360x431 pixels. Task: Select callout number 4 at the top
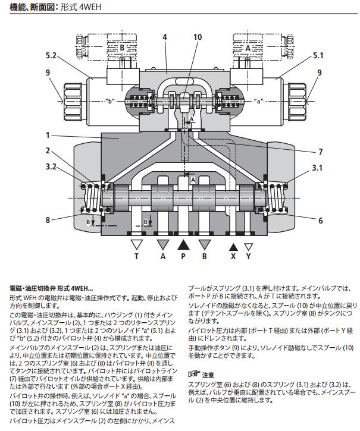pyautogui.click(x=164, y=37)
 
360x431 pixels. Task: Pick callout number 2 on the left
pyautogui.click(x=48, y=151)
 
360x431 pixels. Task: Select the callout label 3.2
pyautogui.click(x=51, y=167)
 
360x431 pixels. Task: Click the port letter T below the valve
pyautogui.click(x=136, y=257)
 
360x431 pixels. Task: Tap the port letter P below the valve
pyautogui.click(x=183, y=257)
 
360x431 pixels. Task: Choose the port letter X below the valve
pyautogui.click(x=234, y=257)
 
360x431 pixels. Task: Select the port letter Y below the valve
pyautogui.click(x=249, y=257)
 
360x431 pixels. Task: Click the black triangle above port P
pyautogui.click(x=183, y=244)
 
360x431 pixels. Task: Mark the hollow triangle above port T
pyautogui.click(x=137, y=244)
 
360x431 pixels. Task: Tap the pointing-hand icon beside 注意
pyautogui.click(x=193, y=375)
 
